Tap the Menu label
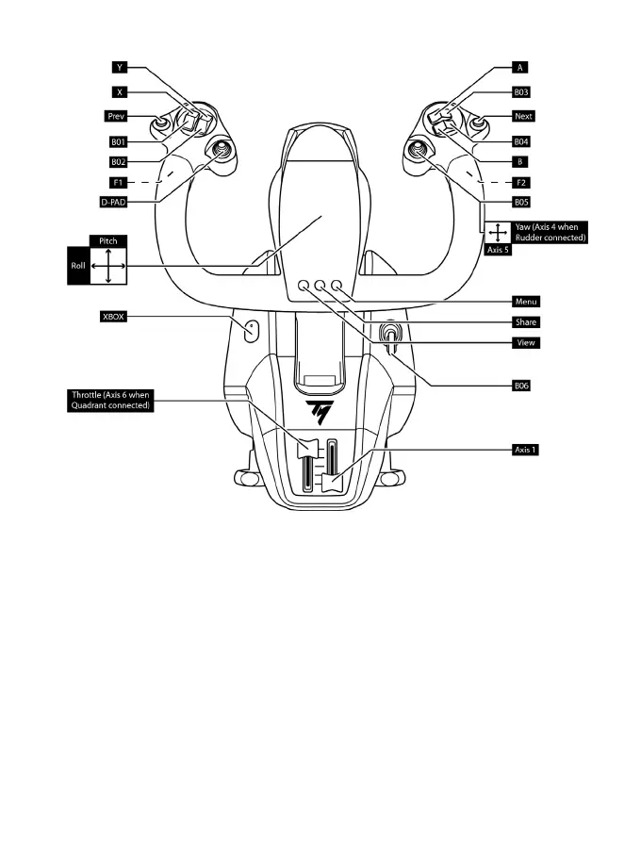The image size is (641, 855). pos(526,302)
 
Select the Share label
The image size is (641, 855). pos(526,321)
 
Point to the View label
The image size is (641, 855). pos(526,342)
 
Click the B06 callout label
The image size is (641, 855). pos(521,386)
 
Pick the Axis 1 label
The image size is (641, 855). pos(525,450)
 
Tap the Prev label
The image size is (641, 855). pos(116,117)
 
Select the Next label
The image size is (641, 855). pos(523,117)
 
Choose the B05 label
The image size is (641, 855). pos(521,202)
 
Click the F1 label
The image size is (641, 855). pos(118,181)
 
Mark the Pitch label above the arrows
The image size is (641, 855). pos(107,241)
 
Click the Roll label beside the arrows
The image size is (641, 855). pos(77,267)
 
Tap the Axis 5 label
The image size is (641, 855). pos(497,250)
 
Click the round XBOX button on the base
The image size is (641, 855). pos(253,330)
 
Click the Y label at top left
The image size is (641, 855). pos(120,68)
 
